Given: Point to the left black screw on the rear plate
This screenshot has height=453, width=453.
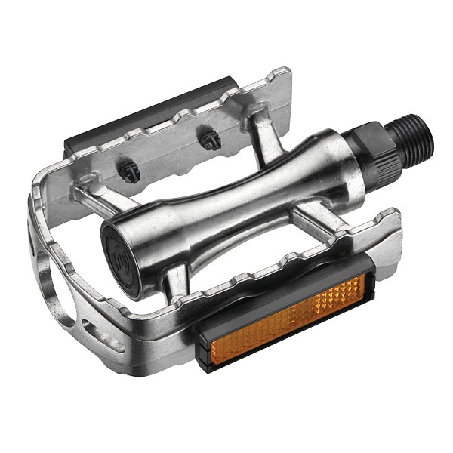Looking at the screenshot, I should tap(128, 174).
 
